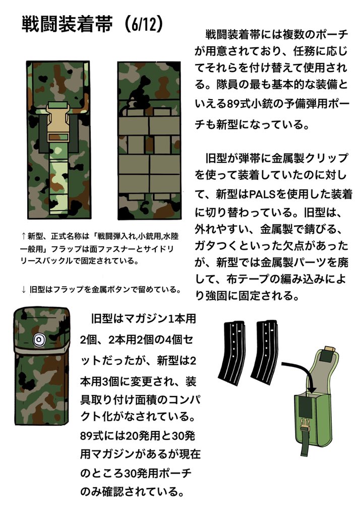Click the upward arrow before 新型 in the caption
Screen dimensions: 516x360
pos(23,235)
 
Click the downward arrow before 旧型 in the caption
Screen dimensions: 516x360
pos(23,289)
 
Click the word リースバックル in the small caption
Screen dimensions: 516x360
pos(43,263)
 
